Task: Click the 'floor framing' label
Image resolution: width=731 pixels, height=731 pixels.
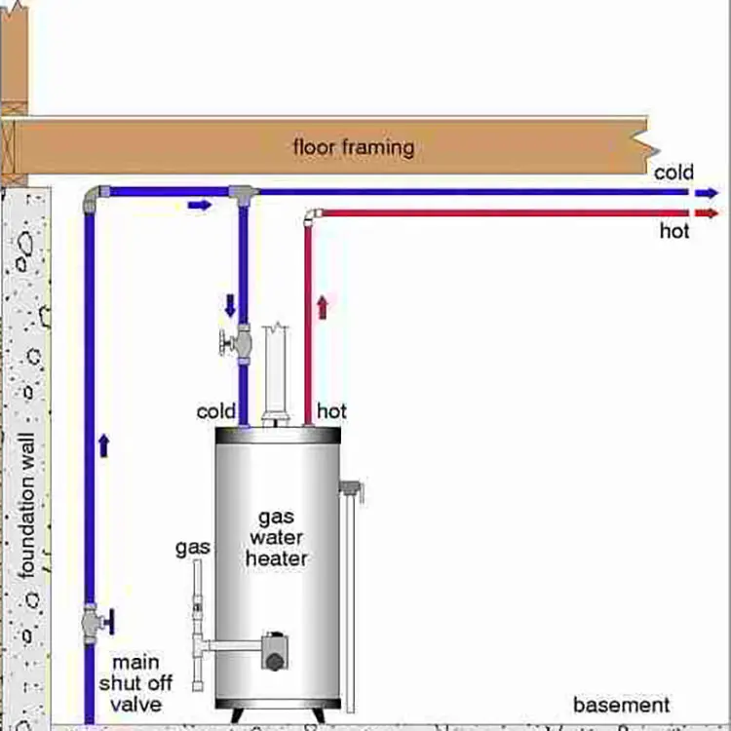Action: coord(354,148)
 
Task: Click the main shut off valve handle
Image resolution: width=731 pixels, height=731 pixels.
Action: coord(107,620)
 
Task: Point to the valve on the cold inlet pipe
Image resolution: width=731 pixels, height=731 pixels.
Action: coord(237,343)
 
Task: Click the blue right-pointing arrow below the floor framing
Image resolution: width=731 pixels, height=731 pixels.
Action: coord(199,205)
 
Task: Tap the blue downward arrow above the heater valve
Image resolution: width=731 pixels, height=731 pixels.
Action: coord(231,304)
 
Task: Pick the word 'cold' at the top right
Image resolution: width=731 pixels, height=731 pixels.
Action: coord(674,173)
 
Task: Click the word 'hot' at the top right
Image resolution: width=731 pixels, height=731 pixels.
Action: coord(674,231)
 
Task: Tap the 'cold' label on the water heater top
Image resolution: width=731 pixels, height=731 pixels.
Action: coord(216,411)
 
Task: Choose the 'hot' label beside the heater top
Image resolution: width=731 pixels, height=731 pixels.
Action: coord(331,411)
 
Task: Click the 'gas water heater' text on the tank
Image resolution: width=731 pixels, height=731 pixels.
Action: coord(276,537)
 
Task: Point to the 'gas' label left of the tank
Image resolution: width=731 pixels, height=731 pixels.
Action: coord(193,548)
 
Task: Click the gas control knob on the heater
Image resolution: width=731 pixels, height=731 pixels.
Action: coord(275,660)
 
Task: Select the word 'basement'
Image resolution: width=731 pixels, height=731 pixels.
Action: coord(622,705)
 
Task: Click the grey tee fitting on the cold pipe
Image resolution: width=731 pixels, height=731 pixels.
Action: coord(243,194)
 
